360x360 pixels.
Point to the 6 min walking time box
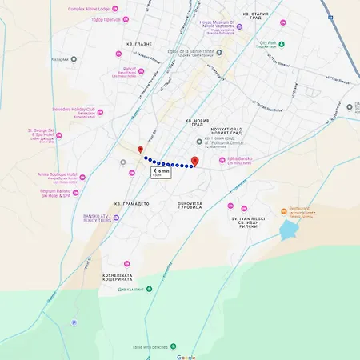click(x=160, y=172)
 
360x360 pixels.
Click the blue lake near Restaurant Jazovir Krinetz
click(x=288, y=231)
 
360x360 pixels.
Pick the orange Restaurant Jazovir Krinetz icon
click(x=283, y=211)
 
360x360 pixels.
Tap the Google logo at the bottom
click(x=186, y=357)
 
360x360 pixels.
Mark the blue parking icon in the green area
click(x=74, y=322)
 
